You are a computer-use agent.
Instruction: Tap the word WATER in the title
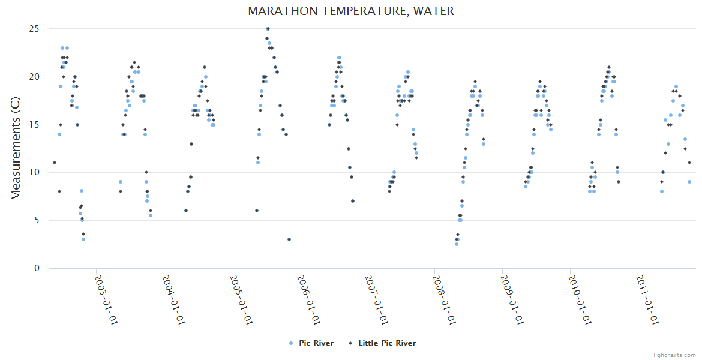434,11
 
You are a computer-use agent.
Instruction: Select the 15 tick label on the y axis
34,125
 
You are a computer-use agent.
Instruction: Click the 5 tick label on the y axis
37,220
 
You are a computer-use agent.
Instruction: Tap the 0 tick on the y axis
37,268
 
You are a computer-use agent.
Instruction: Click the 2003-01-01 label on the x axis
105,299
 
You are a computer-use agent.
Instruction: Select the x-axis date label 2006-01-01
308,299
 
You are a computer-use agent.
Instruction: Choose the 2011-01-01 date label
647,299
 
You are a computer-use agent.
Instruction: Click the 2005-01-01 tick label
241,299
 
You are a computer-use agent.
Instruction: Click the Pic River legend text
316,343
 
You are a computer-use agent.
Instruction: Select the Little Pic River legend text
386,343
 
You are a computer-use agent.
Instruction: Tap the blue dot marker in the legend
291,343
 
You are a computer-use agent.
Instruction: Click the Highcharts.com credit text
674,355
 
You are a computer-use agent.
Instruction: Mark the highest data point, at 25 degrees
268,29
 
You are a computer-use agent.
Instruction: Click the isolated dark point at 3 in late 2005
289,239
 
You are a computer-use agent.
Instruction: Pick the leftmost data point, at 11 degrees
55,163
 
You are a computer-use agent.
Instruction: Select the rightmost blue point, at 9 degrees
689,182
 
